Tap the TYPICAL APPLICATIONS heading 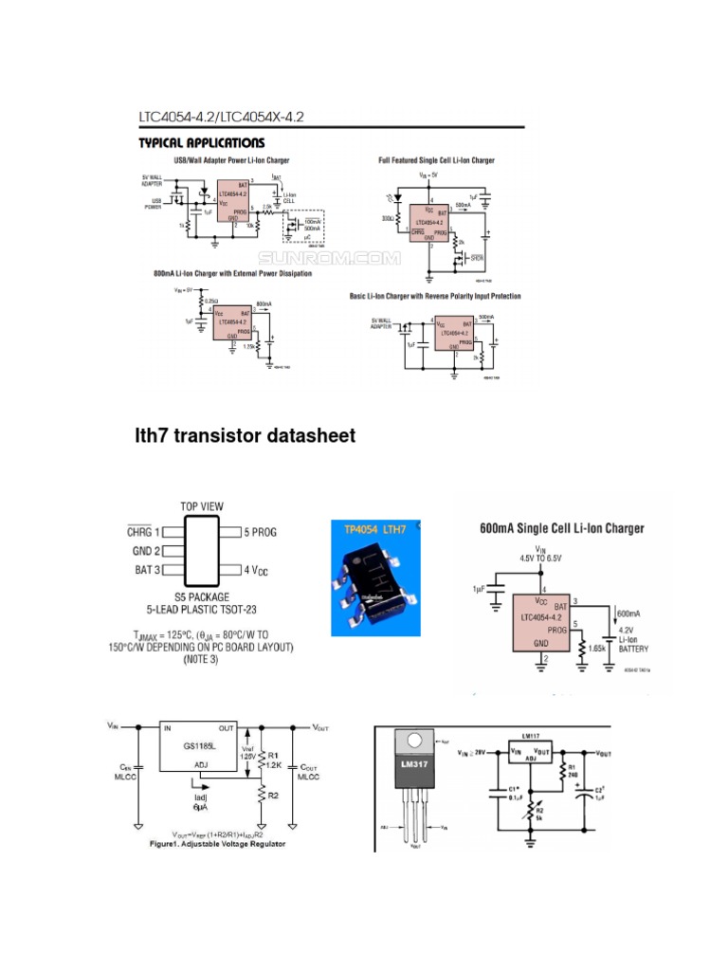(x=202, y=143)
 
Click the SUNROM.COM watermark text (x=330, y=258)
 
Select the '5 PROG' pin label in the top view (x=261, y=532)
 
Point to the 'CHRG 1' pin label (x=144, y=532)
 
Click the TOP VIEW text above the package (x=202, y=505)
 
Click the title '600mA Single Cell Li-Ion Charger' (x=562, y=528)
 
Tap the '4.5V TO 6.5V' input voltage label (x=541, y=559)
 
